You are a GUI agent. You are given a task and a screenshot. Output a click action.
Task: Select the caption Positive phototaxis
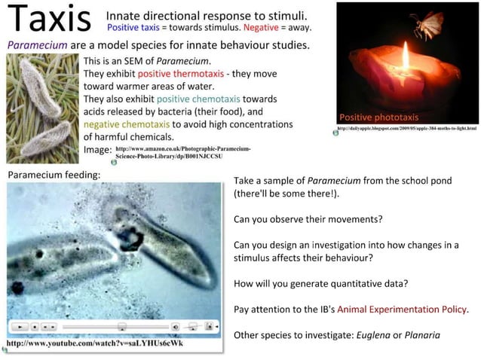[378, 117]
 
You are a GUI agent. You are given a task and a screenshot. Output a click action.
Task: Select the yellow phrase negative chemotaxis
[127, 124]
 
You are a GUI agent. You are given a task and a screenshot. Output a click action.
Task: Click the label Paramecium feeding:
[54, 174]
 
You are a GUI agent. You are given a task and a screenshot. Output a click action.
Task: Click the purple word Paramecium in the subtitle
[38, 45]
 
